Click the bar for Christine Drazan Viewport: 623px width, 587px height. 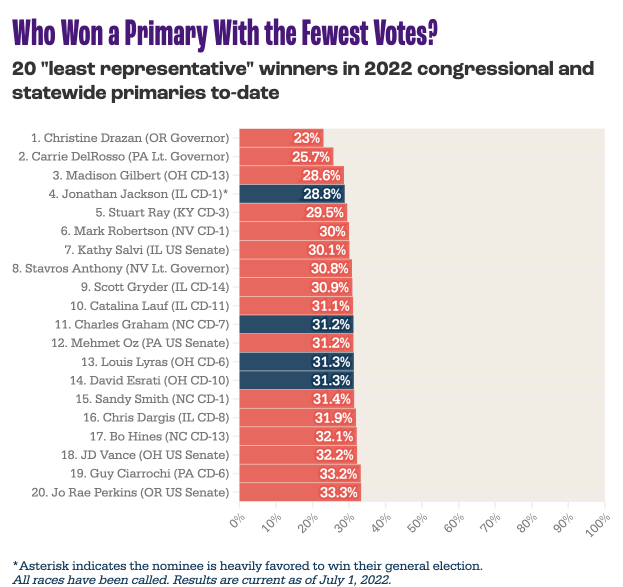[270, 137]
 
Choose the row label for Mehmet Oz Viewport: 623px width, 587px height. [140, 343]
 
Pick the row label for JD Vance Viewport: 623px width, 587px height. [145, 455]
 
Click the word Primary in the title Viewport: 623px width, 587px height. [164, 33]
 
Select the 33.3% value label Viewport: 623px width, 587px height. [339, 492]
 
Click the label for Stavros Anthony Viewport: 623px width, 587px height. [120, 268]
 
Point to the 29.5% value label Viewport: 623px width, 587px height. [325, 212]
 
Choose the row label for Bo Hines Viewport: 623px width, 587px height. [159, 436]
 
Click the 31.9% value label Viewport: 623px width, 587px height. [333, 417]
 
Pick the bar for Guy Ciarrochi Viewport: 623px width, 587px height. [280, 473]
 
